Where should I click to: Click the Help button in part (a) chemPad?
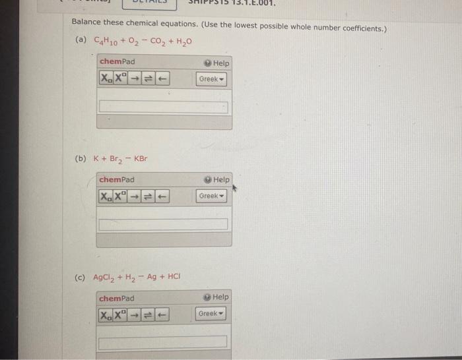[x=216, y=63]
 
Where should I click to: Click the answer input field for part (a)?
[x=164, y=107]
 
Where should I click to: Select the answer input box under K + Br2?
[x=164, y=224]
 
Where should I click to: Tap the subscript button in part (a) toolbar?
[x=106, y=79]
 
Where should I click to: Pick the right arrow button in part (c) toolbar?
[x=134, y=315]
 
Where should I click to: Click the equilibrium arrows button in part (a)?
[x=147, y=79]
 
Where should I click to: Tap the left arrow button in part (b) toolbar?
[x=161, y=196]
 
